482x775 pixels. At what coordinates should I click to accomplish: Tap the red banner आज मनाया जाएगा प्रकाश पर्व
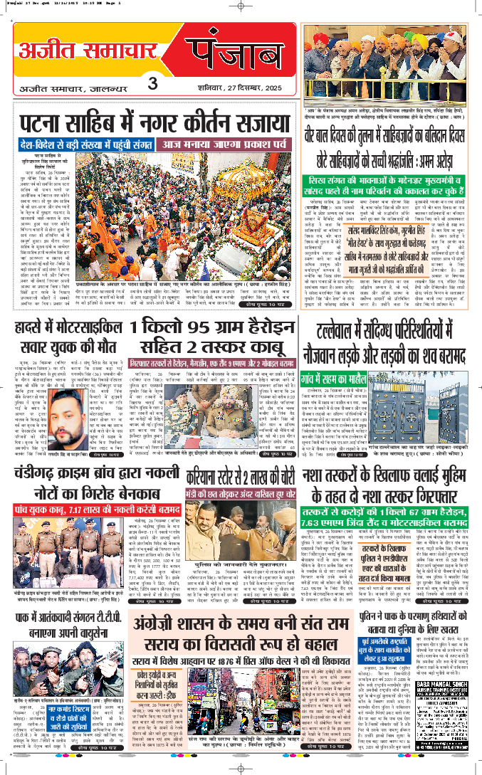tap(226, 144)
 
